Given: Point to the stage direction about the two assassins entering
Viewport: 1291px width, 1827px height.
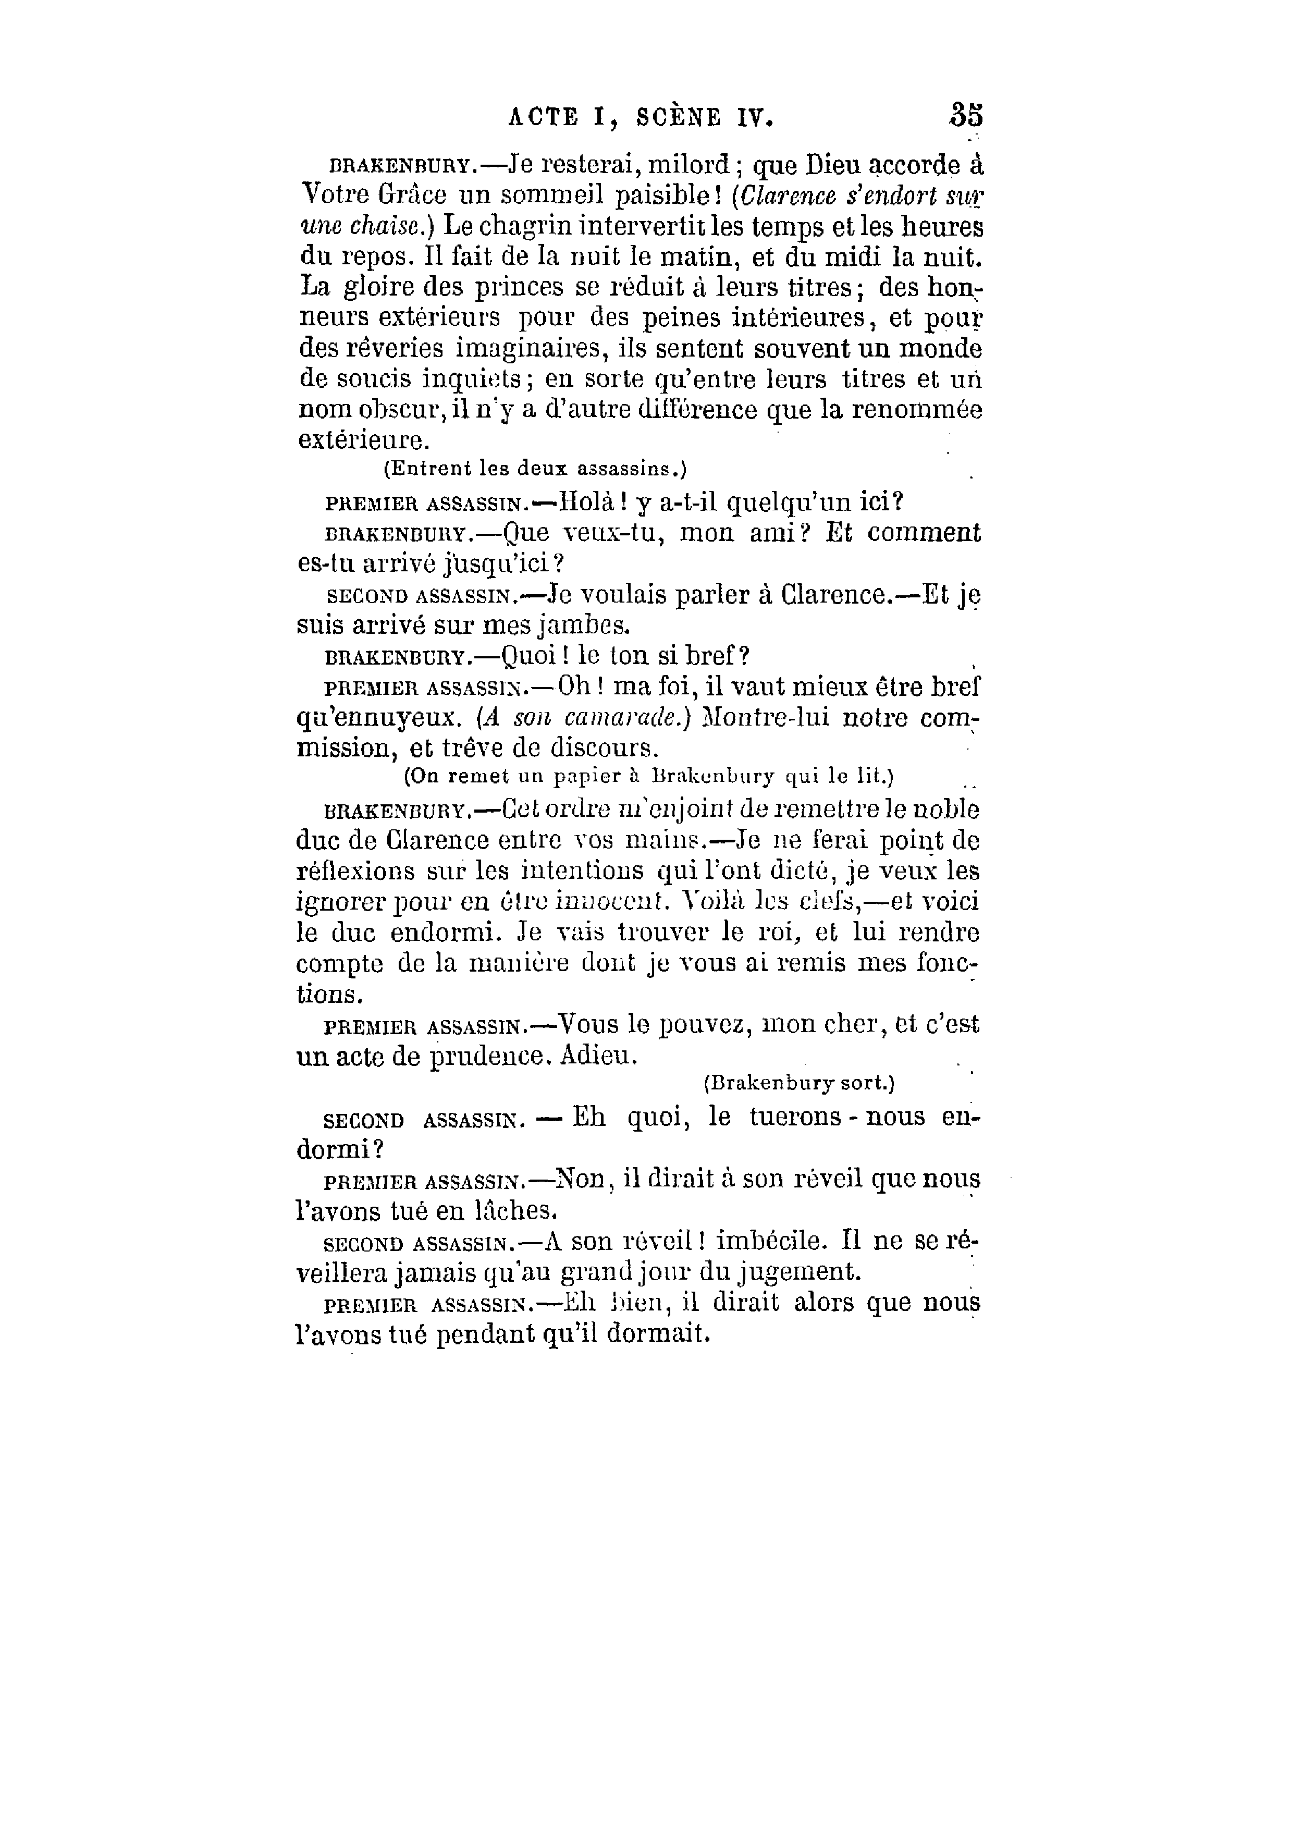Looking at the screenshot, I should coord(535,470).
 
